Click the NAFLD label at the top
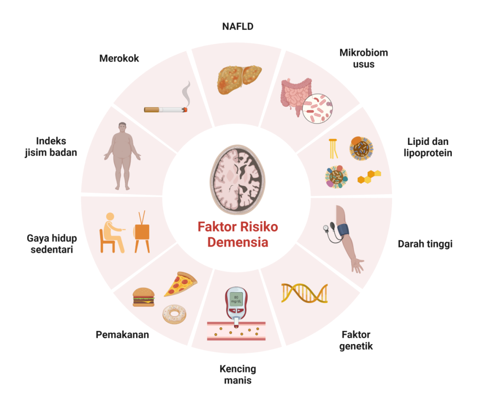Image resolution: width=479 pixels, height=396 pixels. (x=238, y=27)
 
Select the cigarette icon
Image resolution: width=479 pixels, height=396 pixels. (x=166, y=109)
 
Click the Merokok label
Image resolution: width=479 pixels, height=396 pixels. (x=119, y=58)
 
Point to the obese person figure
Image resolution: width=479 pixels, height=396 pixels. (x=123, y=156)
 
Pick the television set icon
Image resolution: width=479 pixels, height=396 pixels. (x=142, y=232)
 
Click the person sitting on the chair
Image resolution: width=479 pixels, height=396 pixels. (x=112, y=233)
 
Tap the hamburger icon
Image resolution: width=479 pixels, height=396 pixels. (x=144, y=297)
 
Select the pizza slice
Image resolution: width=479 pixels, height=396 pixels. (x=180, y=284)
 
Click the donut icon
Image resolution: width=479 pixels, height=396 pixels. (x=174, y=314)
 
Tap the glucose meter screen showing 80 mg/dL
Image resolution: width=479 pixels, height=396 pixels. (x=236, y=299)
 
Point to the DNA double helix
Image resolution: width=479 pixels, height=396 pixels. (x=304, y=293)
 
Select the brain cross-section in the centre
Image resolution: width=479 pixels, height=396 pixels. (x=237, y=180)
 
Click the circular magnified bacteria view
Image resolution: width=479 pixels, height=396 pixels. (x=318, y=108)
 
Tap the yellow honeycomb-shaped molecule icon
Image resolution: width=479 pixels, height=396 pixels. (x=369, y=177)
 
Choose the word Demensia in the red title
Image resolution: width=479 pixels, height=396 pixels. (x=238, y=243)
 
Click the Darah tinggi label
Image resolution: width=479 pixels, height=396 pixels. (x=425, y=244)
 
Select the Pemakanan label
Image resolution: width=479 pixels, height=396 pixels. (x=122, y=335)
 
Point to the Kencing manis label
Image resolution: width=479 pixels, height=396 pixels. (x=238, y=374)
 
